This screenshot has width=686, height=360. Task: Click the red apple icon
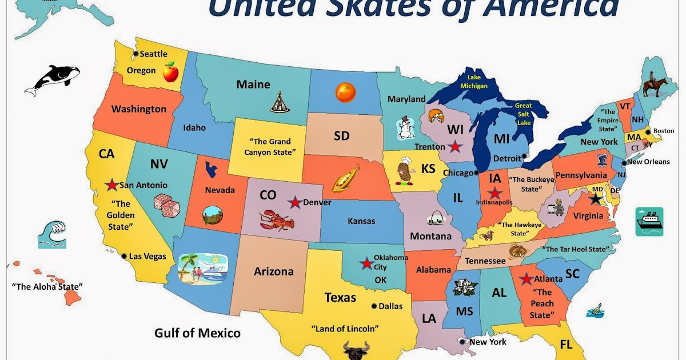pyautogui.click(x=170, y=73)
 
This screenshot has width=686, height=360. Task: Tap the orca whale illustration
pyautogui.click(x=51, y=79)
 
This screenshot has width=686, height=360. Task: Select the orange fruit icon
pyautogui.click(x=345, y=93)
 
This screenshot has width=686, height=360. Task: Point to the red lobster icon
pyautogui.click(x=276, y=219)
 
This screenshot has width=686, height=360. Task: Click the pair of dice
pyautogui.click(x=166, y=206)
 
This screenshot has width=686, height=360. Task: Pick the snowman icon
pyautogui.click(x=405, y=128)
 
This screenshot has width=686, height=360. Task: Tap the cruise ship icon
pyautogui.click(x=649, y=222)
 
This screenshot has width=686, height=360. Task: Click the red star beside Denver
pyautogui.click(x=294, y=202)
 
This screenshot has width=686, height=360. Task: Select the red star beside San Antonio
pyautogui.click(x=111, y=185)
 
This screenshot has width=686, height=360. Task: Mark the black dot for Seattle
pyautogui.click(x=135, y=54)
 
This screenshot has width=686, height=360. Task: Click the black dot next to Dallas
pyautogui.click(x=374, y=306)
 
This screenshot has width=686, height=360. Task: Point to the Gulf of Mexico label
pyautogui.click(x=197, y=333)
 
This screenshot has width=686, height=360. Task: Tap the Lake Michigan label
pyautogui.click(x=477, y=82)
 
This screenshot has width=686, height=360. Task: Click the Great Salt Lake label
pyautogui.click(x=523, y=114)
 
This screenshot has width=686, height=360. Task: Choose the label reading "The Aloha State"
pyautogui.click(x=47, y=286)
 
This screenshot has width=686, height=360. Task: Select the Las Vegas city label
pyautogui.click(x=147, y=257)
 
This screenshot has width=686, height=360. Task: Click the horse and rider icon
pyautogui.click(x=655, y=85)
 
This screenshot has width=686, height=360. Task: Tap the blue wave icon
pyautogui.click(x=52, y=234)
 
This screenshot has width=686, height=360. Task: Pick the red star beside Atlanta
pyautogui.click(x=525, y=279)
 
